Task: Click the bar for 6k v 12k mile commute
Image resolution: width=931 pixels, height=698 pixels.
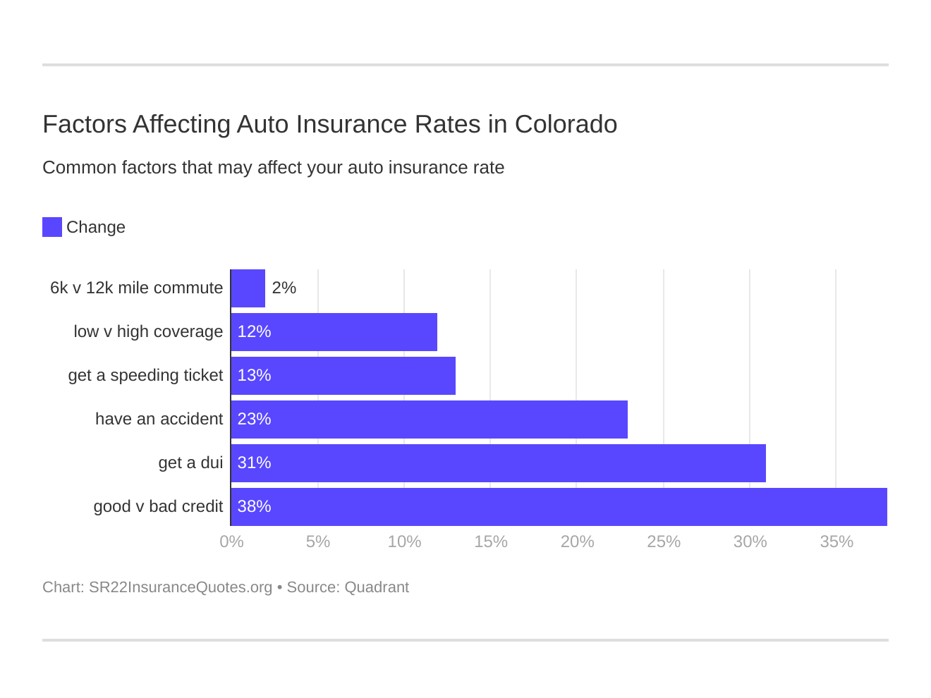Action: pos(248,288)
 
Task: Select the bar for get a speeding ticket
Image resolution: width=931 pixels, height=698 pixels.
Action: pos(343,376)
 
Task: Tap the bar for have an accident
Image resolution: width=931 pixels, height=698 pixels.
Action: pos(429,420)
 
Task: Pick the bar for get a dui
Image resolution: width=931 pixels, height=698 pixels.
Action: pos(498,463)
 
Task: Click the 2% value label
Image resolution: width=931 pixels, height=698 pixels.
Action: pos(284,288)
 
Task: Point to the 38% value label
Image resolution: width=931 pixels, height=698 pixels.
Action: pos(254,507)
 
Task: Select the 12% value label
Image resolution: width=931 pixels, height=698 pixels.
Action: pos(254,332)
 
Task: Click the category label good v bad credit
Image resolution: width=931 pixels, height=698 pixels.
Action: pos(158,507)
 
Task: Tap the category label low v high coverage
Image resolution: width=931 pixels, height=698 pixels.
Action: pos(148,332)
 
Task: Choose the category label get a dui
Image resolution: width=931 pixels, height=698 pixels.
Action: pos(190,463)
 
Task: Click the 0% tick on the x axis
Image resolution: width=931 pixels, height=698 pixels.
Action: pos(231,542)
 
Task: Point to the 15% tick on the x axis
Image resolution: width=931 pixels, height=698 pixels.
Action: pos(491,542)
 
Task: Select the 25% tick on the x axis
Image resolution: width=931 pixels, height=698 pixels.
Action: pos(664,542)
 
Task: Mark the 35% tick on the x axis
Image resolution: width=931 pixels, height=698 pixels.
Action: pos(836,542)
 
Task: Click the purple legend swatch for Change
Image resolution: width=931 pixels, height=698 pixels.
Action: pos(52,227)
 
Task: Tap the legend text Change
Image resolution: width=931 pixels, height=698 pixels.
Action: pos(96,228)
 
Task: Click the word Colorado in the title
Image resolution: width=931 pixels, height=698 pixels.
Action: pos(566,124)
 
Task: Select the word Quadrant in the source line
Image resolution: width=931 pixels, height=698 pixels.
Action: pos(377,587)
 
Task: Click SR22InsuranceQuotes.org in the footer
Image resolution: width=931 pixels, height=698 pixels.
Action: pos(181,587)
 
